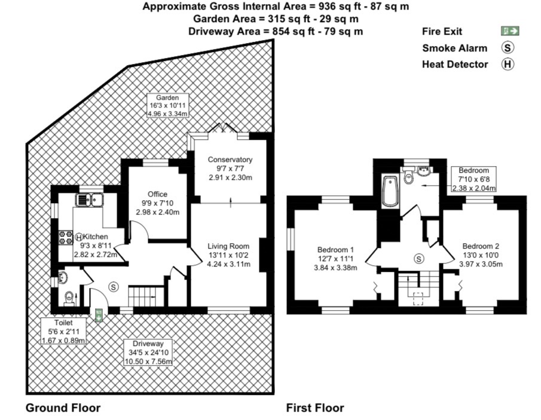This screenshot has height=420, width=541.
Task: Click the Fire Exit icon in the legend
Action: [x=510, y=32]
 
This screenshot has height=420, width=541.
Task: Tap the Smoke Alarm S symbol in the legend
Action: [x=507, y=48]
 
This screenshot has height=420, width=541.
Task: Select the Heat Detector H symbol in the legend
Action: [x=507, y=64]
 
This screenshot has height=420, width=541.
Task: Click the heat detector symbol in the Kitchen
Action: [x=79, y=237]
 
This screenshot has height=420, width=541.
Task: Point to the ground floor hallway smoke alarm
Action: [x=113, y=287]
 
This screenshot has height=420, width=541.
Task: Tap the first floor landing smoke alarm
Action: [x=419, y=259]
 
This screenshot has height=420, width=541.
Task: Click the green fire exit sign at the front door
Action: [x=99, y=315]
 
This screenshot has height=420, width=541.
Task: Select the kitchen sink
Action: [x=89, y=200]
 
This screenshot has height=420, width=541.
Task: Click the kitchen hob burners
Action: [x=66, y=237]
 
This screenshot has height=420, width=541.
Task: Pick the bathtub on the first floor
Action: [x=390, y=191]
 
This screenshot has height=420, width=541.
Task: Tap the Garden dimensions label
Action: [x=168, y=106]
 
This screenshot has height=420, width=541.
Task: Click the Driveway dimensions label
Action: [x=148, y=352]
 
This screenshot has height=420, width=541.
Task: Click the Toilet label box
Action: [x=63, y=332]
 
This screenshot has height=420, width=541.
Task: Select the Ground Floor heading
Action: [x=63, y=408]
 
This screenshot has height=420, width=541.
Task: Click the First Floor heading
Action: [x=315, y=408]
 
